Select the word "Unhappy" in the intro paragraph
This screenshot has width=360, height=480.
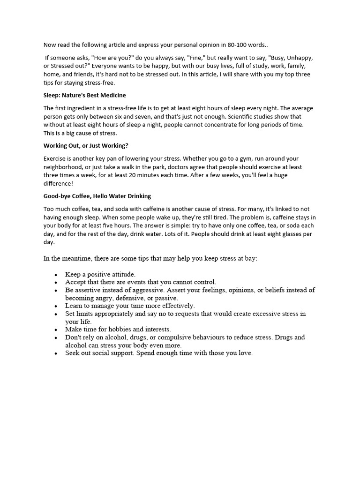[300, 58]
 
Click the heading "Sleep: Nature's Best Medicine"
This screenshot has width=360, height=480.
[85, 95]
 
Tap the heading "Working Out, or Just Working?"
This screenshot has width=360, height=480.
[86, 145]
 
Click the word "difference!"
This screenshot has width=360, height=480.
[59, 183]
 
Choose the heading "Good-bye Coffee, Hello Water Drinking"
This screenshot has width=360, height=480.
[97, 196]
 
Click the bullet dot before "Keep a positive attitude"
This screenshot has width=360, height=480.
[56, 275]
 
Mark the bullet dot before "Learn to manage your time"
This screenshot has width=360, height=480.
[56, 306]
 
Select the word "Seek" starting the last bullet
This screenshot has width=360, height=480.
[73, 353]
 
